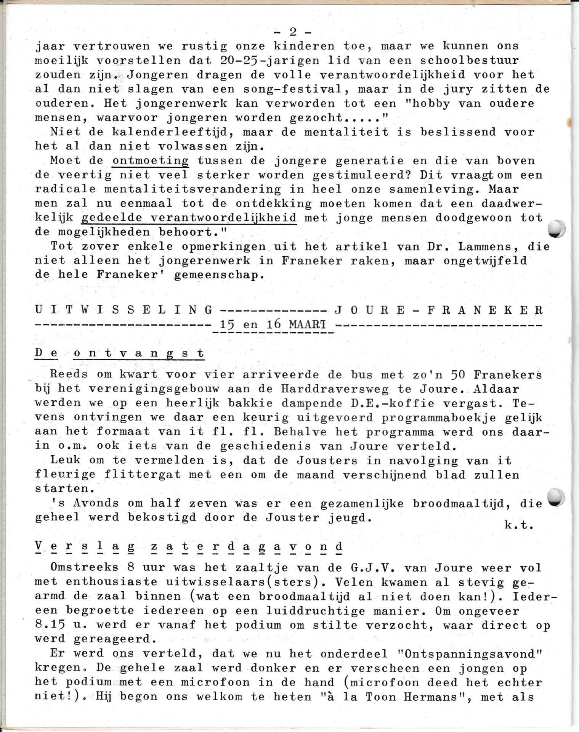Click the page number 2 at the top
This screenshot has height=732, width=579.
293,32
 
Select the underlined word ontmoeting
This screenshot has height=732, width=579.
151,161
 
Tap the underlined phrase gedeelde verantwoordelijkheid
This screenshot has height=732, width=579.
189,218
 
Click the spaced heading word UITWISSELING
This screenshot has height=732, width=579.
123,310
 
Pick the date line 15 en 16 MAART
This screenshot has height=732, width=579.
273,325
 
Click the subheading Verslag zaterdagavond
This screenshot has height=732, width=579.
189,546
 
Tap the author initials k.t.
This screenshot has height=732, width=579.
518,525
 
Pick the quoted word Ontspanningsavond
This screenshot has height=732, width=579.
465,654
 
